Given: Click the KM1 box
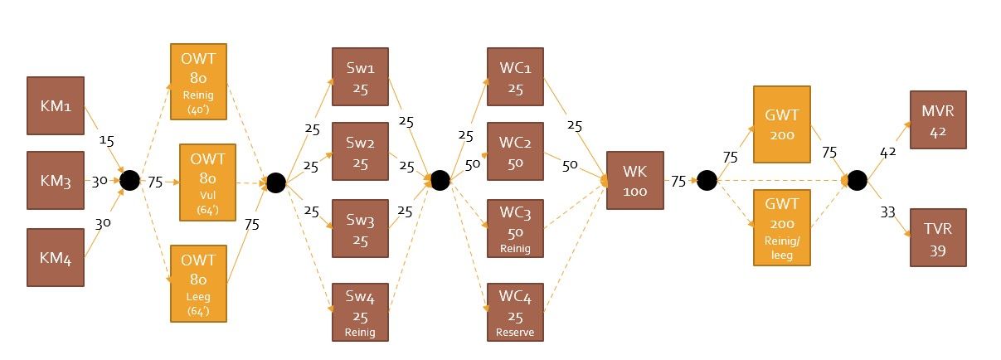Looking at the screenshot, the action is [x=56, y=105].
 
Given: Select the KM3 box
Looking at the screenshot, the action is [x=56, y=180].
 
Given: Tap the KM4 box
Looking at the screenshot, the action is [x=56, y=258].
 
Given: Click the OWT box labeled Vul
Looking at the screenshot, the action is [x=208, y=182].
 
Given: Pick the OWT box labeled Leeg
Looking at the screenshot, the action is [x=198, y=284].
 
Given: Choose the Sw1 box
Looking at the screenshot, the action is [x=360, y=77].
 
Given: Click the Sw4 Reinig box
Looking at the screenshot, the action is [x=360, y=312].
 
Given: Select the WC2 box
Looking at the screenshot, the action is [x=515, y=151].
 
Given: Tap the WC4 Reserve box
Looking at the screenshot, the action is [x=515, y=312].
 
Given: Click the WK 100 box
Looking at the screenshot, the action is [x=635, y=180].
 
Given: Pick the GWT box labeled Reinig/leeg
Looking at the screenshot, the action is [x=782, y=227].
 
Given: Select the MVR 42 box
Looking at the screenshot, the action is [x=939, y=119].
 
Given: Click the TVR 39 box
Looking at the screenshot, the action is [x=939, y=237].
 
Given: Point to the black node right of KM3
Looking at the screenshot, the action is [x=130, y=180].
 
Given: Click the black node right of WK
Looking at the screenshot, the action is [x=707, y=180].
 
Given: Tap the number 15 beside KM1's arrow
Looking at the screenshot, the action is [x=106, y=140].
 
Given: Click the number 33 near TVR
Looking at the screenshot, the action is [x=888, y=212].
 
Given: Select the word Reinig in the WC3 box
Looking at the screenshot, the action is [x=515, y=248].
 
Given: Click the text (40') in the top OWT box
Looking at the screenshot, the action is [x=198, y=109].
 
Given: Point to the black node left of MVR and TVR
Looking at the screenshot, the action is [x=857, y=180].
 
